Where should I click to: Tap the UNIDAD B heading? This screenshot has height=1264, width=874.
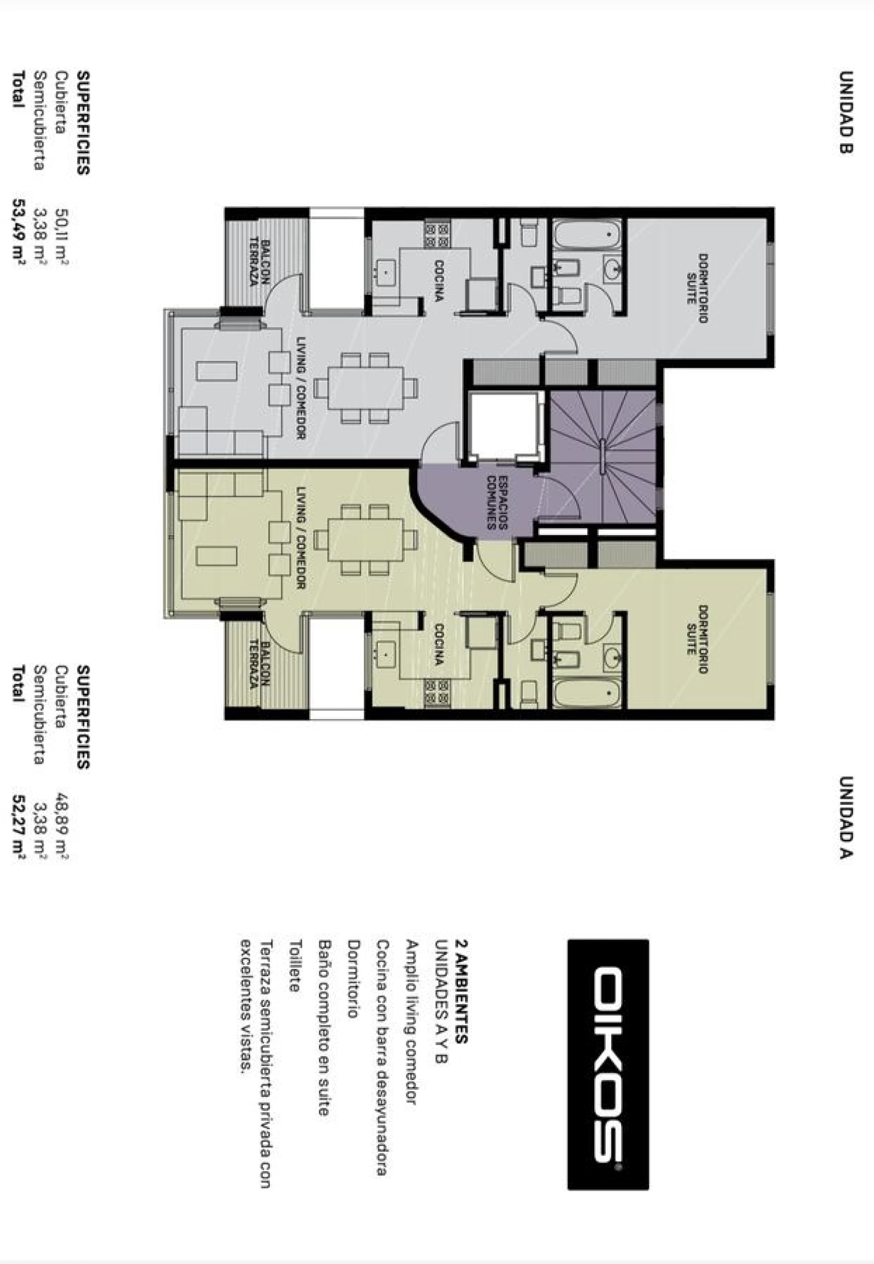click(846, 112)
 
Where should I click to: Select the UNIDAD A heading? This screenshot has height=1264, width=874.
click(846, 817)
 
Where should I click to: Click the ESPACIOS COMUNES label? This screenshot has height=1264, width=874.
click(497, 502)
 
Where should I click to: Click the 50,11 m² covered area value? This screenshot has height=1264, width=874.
click(61, 235)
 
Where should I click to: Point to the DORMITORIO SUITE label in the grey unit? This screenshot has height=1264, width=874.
click(696, 288)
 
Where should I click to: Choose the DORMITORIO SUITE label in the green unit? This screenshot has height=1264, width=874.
click(696, 639)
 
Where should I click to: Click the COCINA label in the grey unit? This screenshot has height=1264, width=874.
click(439, 280)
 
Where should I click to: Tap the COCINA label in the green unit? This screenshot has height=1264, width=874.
click(439, 644)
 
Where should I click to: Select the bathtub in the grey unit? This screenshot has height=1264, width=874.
click(588, 235)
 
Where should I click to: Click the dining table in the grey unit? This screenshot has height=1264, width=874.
click(365, 388)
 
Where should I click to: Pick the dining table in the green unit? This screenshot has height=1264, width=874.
click(365, 539)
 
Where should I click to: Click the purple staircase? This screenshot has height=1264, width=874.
click(603, 456)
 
